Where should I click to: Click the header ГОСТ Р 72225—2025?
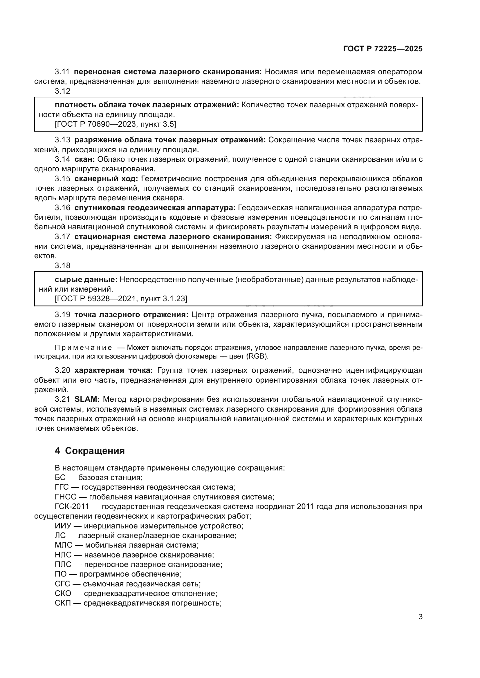(x=383, y=49)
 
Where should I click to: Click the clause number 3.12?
(x=63, y=91)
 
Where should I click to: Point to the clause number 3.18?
(x=63, y=266)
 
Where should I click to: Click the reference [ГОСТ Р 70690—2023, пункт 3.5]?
(x=115, y=124)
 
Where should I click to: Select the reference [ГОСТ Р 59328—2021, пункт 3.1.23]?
(x=121, y=299)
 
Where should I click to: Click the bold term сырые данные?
(x=86, y=279)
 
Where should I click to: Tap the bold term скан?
(x=84, y=159)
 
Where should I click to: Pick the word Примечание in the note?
(x=83, y=348)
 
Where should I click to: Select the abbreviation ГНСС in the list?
(x=66, y=497)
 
